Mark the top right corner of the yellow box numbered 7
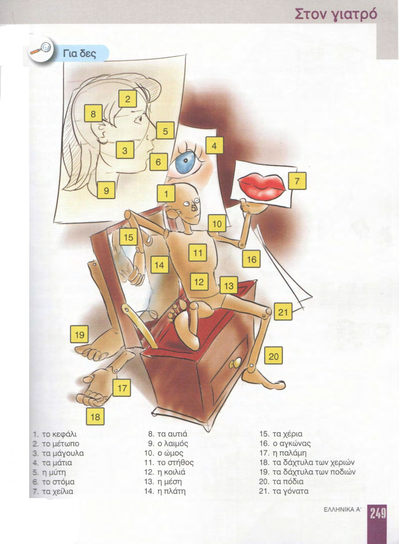[306, 172]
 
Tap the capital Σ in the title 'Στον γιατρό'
[300, 14]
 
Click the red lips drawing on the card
[262, 186]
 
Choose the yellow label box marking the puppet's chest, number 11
[198, 253]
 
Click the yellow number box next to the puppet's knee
[283, 312]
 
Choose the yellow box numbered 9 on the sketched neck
[106, 190]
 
